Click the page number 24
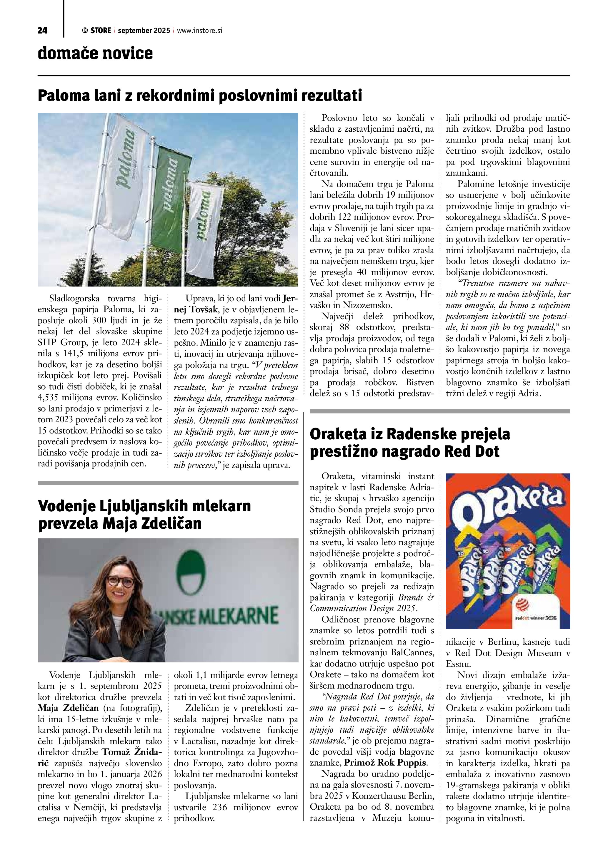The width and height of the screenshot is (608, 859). pos(42,31)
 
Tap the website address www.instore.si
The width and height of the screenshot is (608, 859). pos(199,31)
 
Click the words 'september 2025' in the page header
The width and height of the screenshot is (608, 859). pos(144,31)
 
